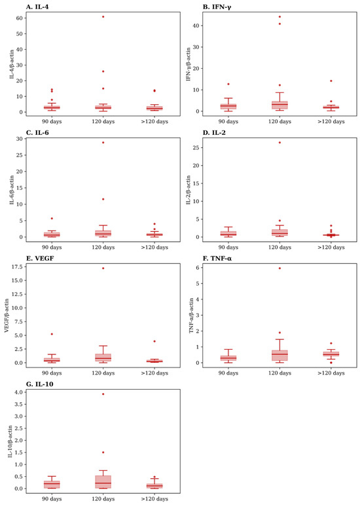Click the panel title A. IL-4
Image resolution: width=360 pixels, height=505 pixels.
(37, 7)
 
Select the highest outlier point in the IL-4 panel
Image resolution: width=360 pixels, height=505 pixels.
(103, 16)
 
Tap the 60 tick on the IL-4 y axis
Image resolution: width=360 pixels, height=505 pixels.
(20, 18)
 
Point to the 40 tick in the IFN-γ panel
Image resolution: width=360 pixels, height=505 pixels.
(196, 26)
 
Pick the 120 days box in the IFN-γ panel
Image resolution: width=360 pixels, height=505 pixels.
(279, 105)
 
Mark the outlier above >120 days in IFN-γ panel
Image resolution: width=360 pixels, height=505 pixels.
(331, 81)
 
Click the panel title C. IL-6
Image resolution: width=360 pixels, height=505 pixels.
(37, 132)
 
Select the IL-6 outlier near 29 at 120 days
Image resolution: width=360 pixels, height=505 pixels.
(103, 142)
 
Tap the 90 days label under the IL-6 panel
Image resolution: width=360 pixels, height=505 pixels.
(52, 248)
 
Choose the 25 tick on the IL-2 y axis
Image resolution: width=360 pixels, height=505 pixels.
(196, 147)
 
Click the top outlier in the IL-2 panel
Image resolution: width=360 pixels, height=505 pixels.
(279, 142)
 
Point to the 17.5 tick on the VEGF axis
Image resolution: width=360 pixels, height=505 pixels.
(18, 267)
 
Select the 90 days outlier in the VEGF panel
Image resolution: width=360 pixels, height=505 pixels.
(52, 334)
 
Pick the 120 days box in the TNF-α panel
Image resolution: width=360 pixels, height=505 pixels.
(279, 356)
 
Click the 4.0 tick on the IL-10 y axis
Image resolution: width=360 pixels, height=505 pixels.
(19, 392)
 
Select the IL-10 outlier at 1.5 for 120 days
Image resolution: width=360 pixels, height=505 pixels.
(103, 452)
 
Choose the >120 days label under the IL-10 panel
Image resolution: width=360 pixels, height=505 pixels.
(154, 499)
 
